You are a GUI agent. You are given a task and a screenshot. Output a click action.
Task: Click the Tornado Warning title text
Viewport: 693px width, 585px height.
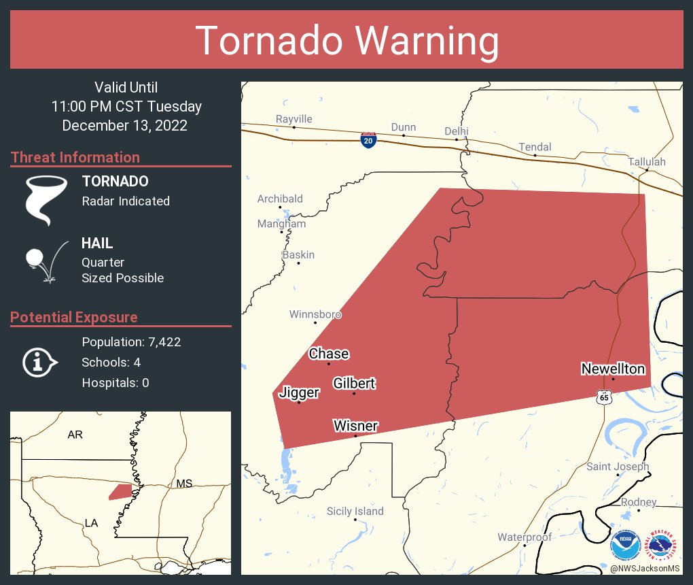point(346,41)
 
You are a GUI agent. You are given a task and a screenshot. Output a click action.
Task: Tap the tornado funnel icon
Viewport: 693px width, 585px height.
point(46,199)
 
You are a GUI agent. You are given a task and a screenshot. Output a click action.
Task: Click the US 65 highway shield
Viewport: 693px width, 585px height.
point(603,397)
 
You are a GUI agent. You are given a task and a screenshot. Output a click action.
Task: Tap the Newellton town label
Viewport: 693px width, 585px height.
point(613,369)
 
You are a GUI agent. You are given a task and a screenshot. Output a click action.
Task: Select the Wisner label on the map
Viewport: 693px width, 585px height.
point(355,426)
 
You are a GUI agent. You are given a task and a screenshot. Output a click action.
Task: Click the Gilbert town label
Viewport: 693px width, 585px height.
point(354,384)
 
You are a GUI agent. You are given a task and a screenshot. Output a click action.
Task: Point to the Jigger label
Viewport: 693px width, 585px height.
point(299,392)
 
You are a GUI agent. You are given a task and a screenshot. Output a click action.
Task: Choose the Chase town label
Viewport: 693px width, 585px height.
point(329,354)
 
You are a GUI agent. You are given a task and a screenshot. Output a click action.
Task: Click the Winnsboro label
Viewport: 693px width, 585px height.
point(315,314)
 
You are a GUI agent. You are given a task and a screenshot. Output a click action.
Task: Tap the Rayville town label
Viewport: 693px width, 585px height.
point(294,119)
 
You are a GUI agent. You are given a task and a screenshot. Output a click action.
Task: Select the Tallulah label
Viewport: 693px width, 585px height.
point(647,162)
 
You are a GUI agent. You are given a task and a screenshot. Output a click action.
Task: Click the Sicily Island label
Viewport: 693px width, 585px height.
point(355,511)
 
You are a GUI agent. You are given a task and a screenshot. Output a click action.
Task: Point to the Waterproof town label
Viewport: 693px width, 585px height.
point(525,537)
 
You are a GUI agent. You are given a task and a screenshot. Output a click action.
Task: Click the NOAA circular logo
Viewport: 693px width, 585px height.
point(625,546)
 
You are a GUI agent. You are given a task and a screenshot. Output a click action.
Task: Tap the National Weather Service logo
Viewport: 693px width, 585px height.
point(663,546)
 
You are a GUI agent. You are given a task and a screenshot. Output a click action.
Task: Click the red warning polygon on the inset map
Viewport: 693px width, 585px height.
point(120,491)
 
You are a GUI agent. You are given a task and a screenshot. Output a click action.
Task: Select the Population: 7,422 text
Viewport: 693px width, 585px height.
point(131,341)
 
